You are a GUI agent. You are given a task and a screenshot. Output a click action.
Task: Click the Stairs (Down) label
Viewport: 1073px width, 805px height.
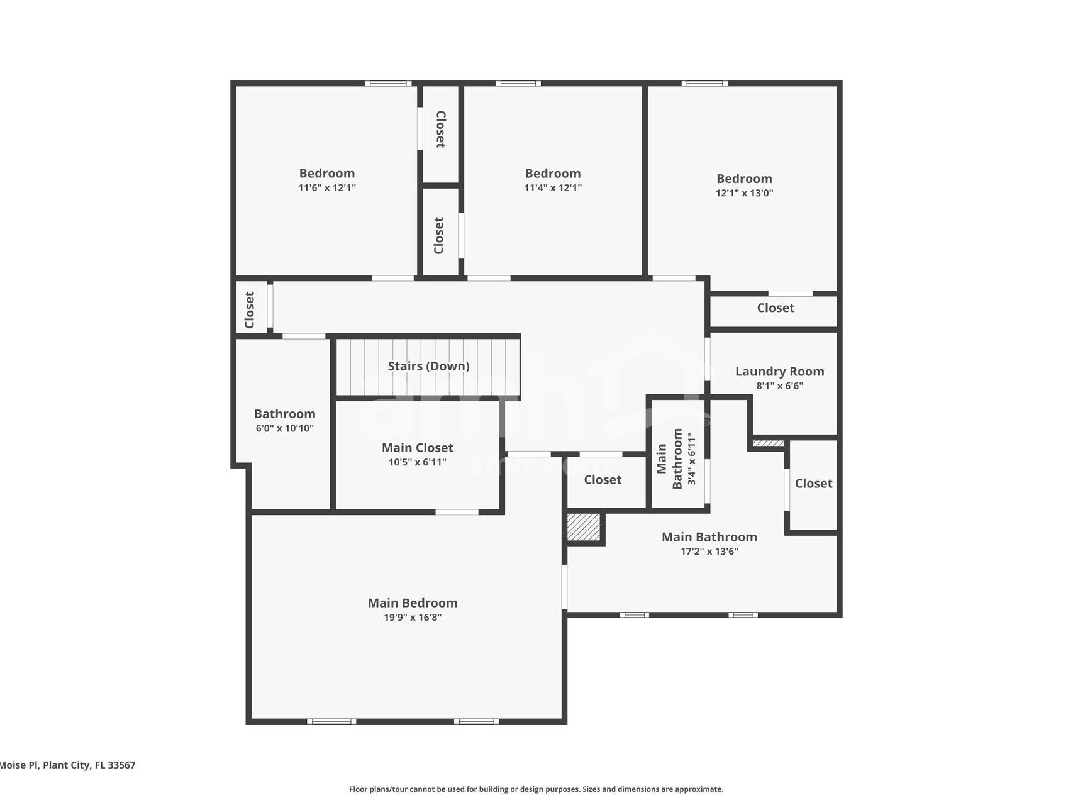[428, 366]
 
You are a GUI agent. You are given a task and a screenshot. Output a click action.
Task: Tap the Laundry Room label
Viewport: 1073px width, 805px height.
[779, 372]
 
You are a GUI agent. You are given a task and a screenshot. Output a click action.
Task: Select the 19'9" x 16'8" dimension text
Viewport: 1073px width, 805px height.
[413, 618]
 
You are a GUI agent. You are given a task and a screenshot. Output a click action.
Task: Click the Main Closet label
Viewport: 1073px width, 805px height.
[417, 448]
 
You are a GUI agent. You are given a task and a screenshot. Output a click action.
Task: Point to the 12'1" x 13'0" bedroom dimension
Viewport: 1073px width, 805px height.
[744, 193]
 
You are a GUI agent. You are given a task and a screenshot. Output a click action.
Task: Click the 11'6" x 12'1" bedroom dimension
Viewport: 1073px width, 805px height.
[327, 187]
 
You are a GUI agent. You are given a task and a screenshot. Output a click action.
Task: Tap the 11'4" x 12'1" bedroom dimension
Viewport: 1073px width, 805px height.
[553, 187]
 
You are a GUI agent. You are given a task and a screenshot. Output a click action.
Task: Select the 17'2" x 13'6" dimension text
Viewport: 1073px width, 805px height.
[709, 552]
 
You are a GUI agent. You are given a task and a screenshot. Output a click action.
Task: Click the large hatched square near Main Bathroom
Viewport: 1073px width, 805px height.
[584, 527]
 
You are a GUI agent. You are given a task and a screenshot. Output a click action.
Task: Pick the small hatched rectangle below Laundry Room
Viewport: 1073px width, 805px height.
[768, 443]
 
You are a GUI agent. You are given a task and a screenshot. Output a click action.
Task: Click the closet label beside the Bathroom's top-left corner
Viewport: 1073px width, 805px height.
[250, 309]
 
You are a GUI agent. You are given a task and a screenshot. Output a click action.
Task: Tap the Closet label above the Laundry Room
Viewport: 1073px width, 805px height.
[775, 308]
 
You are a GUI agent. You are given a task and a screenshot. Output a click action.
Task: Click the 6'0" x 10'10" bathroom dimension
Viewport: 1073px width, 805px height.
[284, 428]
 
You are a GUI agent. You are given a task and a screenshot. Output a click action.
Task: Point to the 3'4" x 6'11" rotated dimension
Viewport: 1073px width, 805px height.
[692, 458]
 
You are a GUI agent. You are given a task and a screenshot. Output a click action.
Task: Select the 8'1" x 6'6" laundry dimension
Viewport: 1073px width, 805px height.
[779, 386]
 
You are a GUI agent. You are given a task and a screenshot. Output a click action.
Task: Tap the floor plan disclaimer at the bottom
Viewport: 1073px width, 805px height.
[536, 789]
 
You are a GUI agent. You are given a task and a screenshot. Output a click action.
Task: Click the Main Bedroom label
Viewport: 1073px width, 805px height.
[413, 603]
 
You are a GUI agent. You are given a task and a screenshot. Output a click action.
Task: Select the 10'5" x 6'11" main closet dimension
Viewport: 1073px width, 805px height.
[417, 462]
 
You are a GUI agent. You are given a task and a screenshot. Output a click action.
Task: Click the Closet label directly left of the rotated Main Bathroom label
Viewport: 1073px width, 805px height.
[602, 480]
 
